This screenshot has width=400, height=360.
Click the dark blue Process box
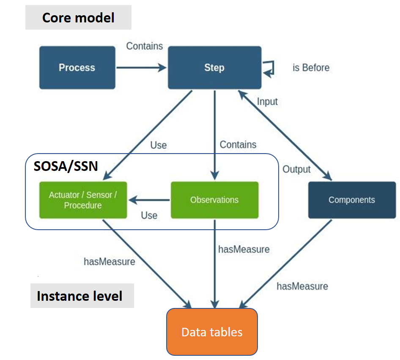click(x=77, y=68)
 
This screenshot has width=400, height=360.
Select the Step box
click(x=214, y=68)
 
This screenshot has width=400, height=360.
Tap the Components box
click(x=352, y=200)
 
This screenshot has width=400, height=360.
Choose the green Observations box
click(x=214, y=200)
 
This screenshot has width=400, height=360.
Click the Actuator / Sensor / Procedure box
click(x=83, y=200)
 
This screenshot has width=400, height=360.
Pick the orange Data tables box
click(x=212, y=332)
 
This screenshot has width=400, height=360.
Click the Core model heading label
click(x=78, y=18)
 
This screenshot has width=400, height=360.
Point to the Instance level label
click(x=80, y=296)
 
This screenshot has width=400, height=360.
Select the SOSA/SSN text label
click(x=66, y=166)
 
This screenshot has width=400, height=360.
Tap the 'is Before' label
click(x=311, y=68)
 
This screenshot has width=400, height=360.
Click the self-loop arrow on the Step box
click(x=269, y=68)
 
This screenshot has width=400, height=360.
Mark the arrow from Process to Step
click(x=141, y=67)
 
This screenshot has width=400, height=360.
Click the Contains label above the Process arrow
click(x=145, y=46)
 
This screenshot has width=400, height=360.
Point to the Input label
click(x=267, y=102)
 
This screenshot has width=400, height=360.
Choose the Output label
click(x=296, y=169)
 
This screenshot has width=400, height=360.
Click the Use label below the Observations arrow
click(x=149, y=215)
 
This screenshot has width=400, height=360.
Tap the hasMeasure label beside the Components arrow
click(x=302, y=286)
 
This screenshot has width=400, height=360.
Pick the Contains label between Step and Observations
click(x=238, y=145)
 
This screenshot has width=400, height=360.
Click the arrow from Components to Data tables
click(x=286, y=262)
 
